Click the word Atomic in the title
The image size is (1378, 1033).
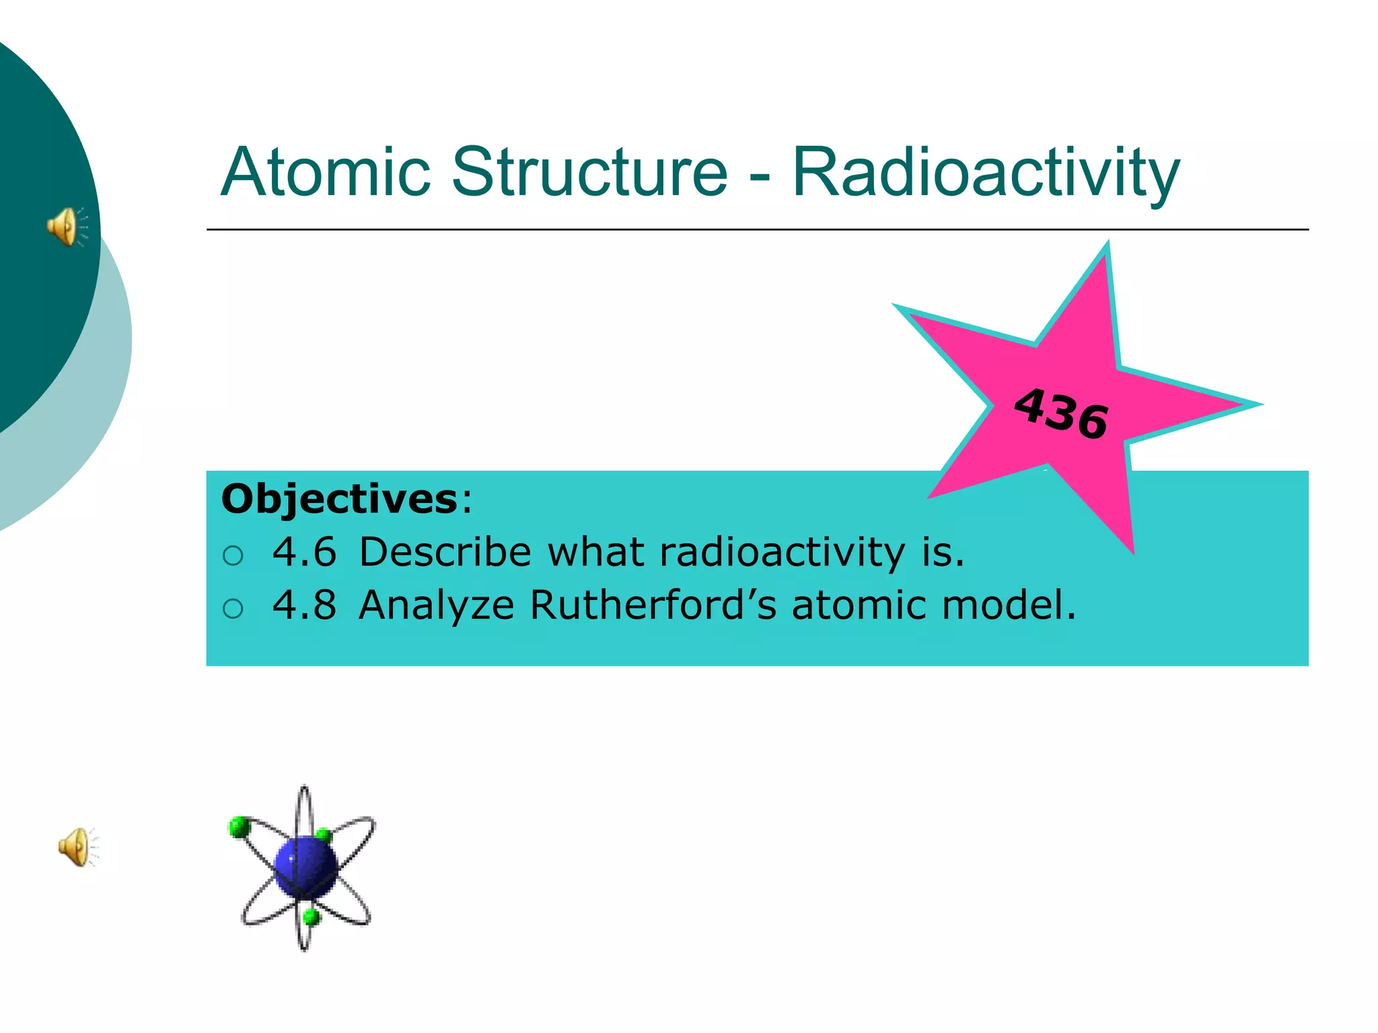click(325, 172)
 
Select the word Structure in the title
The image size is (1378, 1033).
click(589, 172)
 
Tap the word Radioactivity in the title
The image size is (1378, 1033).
click(986, 172)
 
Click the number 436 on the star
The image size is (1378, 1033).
click(1061, 413)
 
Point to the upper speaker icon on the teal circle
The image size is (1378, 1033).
click(67, 227)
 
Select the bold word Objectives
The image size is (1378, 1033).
click(340, 499)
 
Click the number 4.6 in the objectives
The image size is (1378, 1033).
click(304, 552)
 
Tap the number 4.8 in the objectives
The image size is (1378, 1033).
click(304, 605)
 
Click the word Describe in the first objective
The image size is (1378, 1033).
click(445, 552)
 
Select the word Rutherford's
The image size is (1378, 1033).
click(653, 605)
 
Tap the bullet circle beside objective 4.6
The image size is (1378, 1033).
click(233, 556)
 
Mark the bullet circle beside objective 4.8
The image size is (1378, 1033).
click(233, 609)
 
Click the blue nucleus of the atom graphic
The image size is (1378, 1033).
click(305, 867)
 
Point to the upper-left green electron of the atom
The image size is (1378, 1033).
click(239, 827)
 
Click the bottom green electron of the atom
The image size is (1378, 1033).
click(311, 916)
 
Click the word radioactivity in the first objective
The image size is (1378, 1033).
click(782, 552)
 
